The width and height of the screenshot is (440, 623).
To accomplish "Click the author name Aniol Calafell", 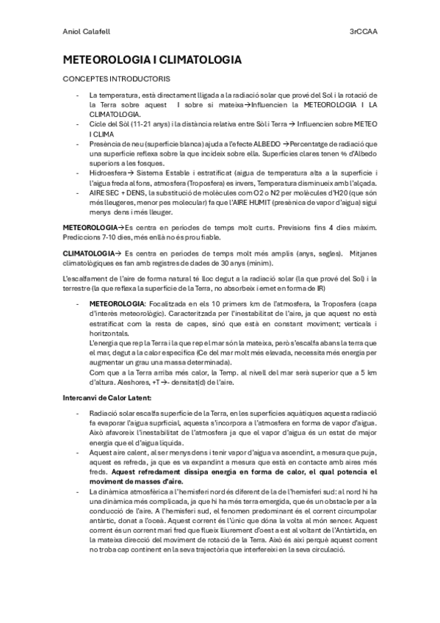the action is (84, 33).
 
